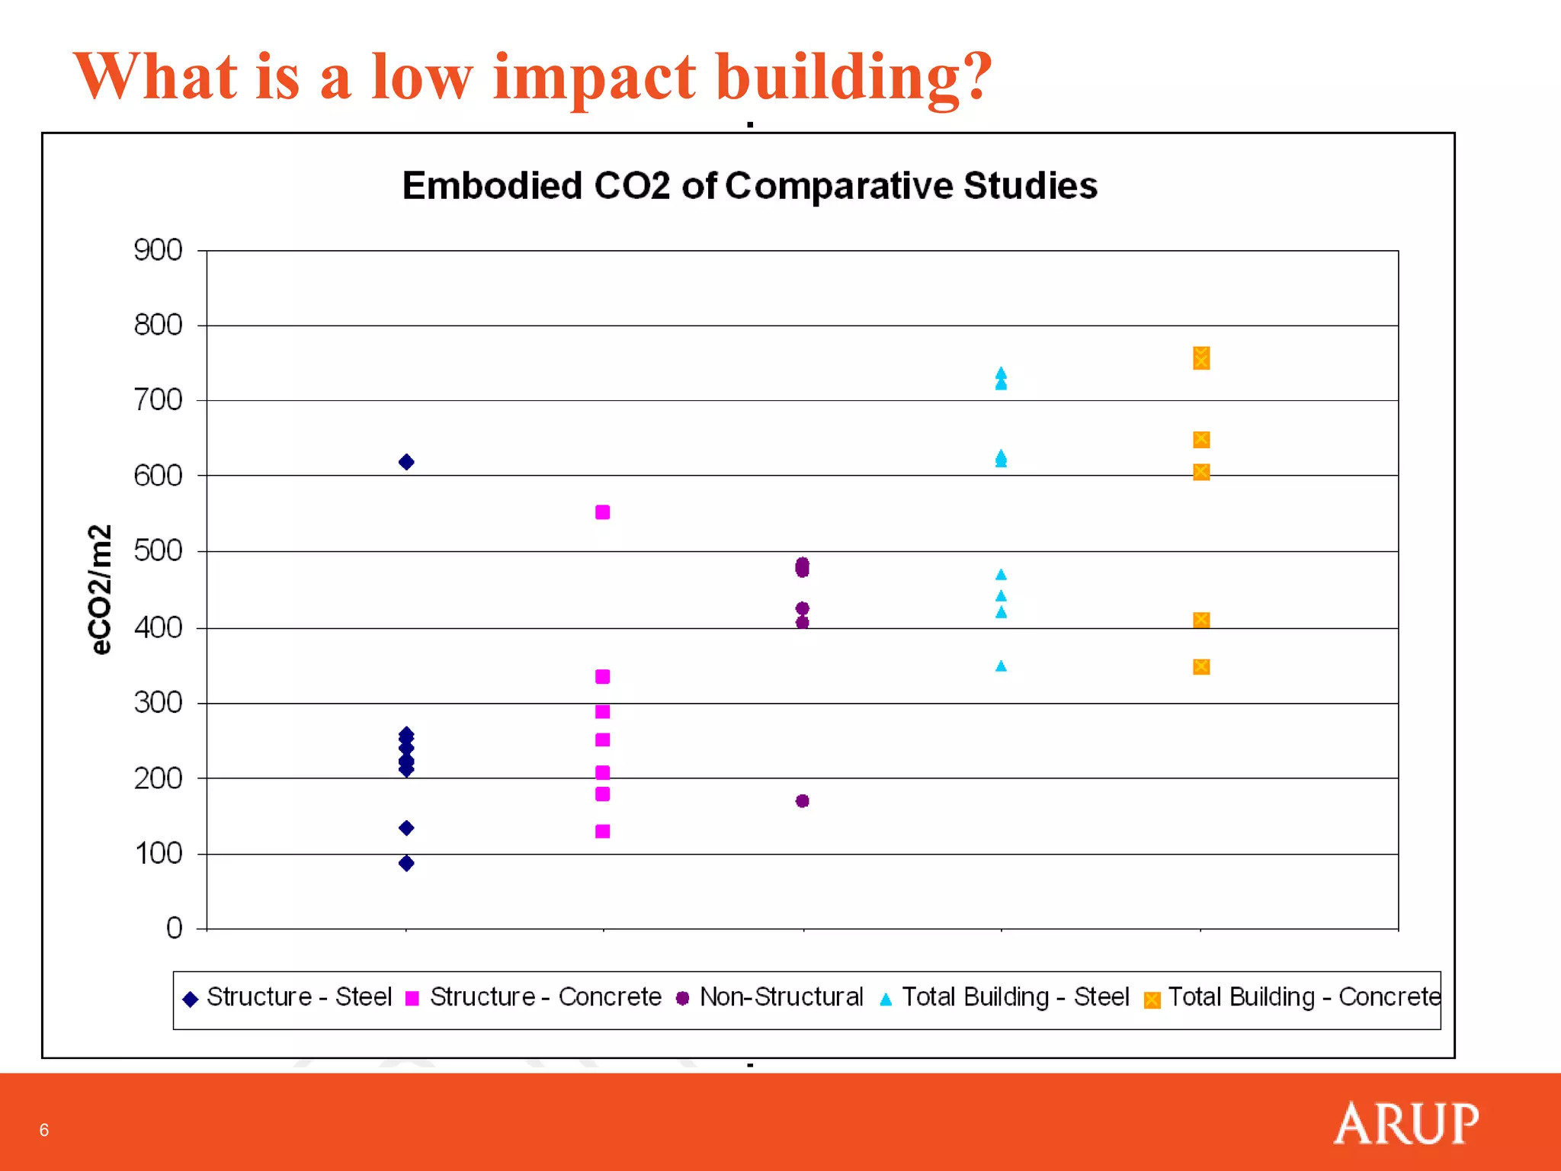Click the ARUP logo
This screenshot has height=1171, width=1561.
tap(1406, 1123)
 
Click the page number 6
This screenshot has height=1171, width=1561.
tap(44, 1130)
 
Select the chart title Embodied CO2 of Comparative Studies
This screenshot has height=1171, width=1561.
tap(749, 186)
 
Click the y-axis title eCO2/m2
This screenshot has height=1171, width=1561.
tap(100, 589)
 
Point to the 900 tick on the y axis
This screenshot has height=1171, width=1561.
tap(158, 250)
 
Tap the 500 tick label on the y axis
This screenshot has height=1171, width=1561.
tap(158, 550)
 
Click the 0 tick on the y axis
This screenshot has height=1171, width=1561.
tap(175, 928)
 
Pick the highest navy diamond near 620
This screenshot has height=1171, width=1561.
tap(406, 462)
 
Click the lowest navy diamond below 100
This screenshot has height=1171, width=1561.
tap(406, 863)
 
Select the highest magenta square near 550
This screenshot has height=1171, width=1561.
tap(602, 512)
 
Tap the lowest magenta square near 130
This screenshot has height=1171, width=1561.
tap(602, 831)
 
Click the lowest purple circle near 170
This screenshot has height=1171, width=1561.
tap(802, 800)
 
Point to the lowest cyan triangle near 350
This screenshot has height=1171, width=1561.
tap(1001, 666)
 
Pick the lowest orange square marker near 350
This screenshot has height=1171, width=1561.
tap(1201, 667)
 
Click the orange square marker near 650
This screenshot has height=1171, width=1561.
tap(1201, 440)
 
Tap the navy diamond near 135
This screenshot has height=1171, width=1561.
tap(406, 828)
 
